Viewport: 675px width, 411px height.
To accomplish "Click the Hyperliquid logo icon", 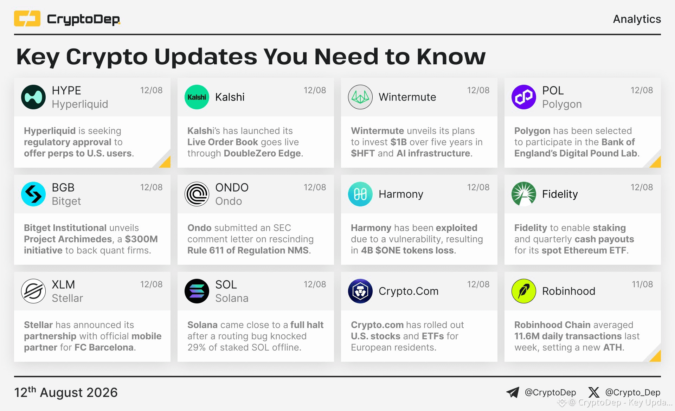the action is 33,97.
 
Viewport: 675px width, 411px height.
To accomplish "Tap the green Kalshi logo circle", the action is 197,97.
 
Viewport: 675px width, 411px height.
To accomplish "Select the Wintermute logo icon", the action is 360,97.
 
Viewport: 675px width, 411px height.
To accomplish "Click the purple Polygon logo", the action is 524,97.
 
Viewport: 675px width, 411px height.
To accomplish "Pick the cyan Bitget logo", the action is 33,194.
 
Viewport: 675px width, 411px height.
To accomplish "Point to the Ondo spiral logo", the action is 197,194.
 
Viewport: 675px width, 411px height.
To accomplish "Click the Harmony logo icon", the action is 360,194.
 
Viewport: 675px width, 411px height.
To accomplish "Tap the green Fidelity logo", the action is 524,194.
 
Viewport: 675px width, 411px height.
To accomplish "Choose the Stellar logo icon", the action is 33,291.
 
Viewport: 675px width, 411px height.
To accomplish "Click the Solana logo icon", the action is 197,291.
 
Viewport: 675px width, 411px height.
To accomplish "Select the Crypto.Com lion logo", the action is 360,291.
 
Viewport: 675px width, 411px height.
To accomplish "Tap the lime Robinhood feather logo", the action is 524,291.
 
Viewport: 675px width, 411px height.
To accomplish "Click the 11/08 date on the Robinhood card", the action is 642,284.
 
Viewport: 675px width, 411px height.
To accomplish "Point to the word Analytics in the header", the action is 637,19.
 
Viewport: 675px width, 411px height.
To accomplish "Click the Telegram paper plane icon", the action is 513,392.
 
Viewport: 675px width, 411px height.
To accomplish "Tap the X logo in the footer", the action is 594,392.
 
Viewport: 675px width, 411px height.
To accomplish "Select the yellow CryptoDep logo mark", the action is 27,19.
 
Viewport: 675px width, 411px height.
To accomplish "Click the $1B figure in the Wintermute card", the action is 398,142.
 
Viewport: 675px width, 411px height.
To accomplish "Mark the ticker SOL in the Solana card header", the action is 226,284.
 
